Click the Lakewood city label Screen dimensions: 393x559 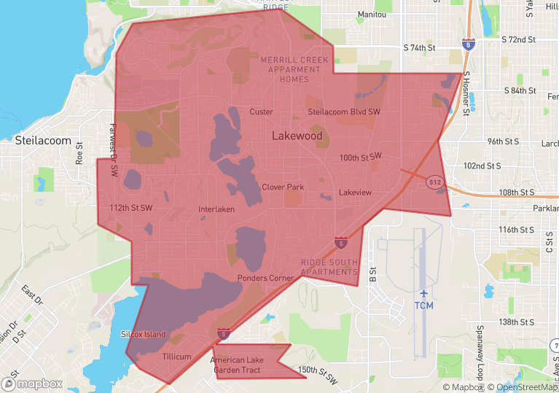pyautogui.click(x=297, y=136)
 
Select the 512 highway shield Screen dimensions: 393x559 pyautogui.click(x=434, y=182)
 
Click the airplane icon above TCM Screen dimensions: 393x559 pyautogui.click(x=423, y=292)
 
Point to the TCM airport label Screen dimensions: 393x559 pyautogui.click(x=423, y=306)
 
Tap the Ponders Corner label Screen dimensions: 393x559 pyautogui.click(x=266, y=279)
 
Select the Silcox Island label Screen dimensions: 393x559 pyautogui.click(x=143, y=335)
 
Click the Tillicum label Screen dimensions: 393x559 pyautogui.click(x=177, y=357)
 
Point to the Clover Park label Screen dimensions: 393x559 pyautogui.click(x=283, y=187)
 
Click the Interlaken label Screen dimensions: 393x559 pyautogui.click(x=216, y=209)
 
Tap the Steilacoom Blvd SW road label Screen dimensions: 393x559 pyautogui.click(x=344, y=112)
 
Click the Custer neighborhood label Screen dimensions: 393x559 pyautogui.click(x=261, y=112)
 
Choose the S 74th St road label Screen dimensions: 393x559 pyautogui.click(x=419, y=47)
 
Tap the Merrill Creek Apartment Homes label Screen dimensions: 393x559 pyautogui.click(x=294, y=69)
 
